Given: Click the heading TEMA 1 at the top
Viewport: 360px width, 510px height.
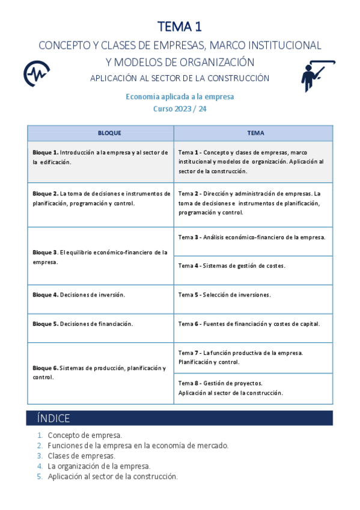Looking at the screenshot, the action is click(180, 26).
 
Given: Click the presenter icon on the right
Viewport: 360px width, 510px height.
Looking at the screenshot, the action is click(316, 75).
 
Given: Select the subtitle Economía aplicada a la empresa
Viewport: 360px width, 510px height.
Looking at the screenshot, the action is click(180, 96).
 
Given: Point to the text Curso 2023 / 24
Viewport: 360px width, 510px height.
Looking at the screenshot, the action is click(180, 109).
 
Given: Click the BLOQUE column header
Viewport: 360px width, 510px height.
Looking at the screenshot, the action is click(100, 133).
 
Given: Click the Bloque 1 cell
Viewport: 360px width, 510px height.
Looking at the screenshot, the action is click(100, 157).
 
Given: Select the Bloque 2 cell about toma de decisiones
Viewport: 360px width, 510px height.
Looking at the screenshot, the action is click(100, 198).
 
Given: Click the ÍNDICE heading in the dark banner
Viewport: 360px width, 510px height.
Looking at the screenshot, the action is click(53, 419).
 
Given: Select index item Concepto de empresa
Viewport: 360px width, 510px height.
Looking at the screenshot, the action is click(85, 435).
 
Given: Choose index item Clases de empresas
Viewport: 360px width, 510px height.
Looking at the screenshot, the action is click(81, 456).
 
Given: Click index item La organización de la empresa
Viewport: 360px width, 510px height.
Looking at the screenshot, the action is click(99, 466).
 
